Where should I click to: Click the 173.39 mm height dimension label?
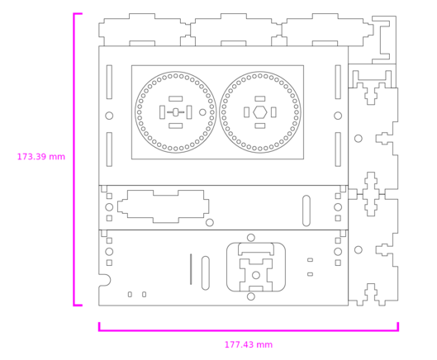click(x=41, y=157)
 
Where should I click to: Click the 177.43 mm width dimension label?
click(x=249, y=344)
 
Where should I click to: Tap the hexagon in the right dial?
click(x=260, y=112)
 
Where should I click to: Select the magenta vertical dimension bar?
click(x=74, y=159)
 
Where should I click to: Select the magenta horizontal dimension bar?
click(x=249, y=330)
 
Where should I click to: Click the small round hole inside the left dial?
click(x=202, y=112)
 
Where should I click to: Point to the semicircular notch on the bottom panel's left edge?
click(x=107, y=280)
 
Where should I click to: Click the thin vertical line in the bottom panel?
click(x=191, y=269)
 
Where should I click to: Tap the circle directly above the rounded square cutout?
click(x=251, y=238)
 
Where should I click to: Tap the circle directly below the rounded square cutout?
click(x=251, y=296)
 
